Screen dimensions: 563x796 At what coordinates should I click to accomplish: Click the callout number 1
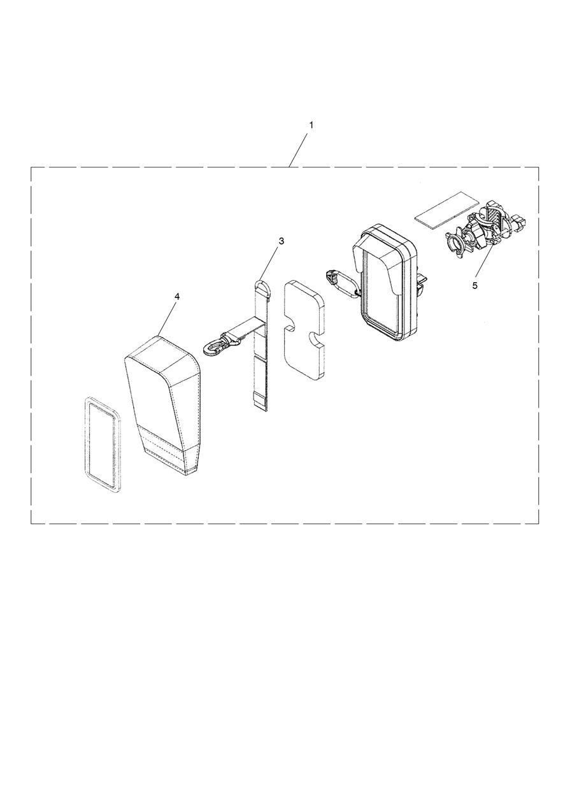311,125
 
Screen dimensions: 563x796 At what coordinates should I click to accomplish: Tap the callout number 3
281,241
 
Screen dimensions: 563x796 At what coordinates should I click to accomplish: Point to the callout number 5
475,285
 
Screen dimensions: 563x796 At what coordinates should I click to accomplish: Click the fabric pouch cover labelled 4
164,405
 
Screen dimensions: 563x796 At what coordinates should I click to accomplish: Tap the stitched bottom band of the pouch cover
169,451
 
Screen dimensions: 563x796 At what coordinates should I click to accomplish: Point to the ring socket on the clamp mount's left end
454,243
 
